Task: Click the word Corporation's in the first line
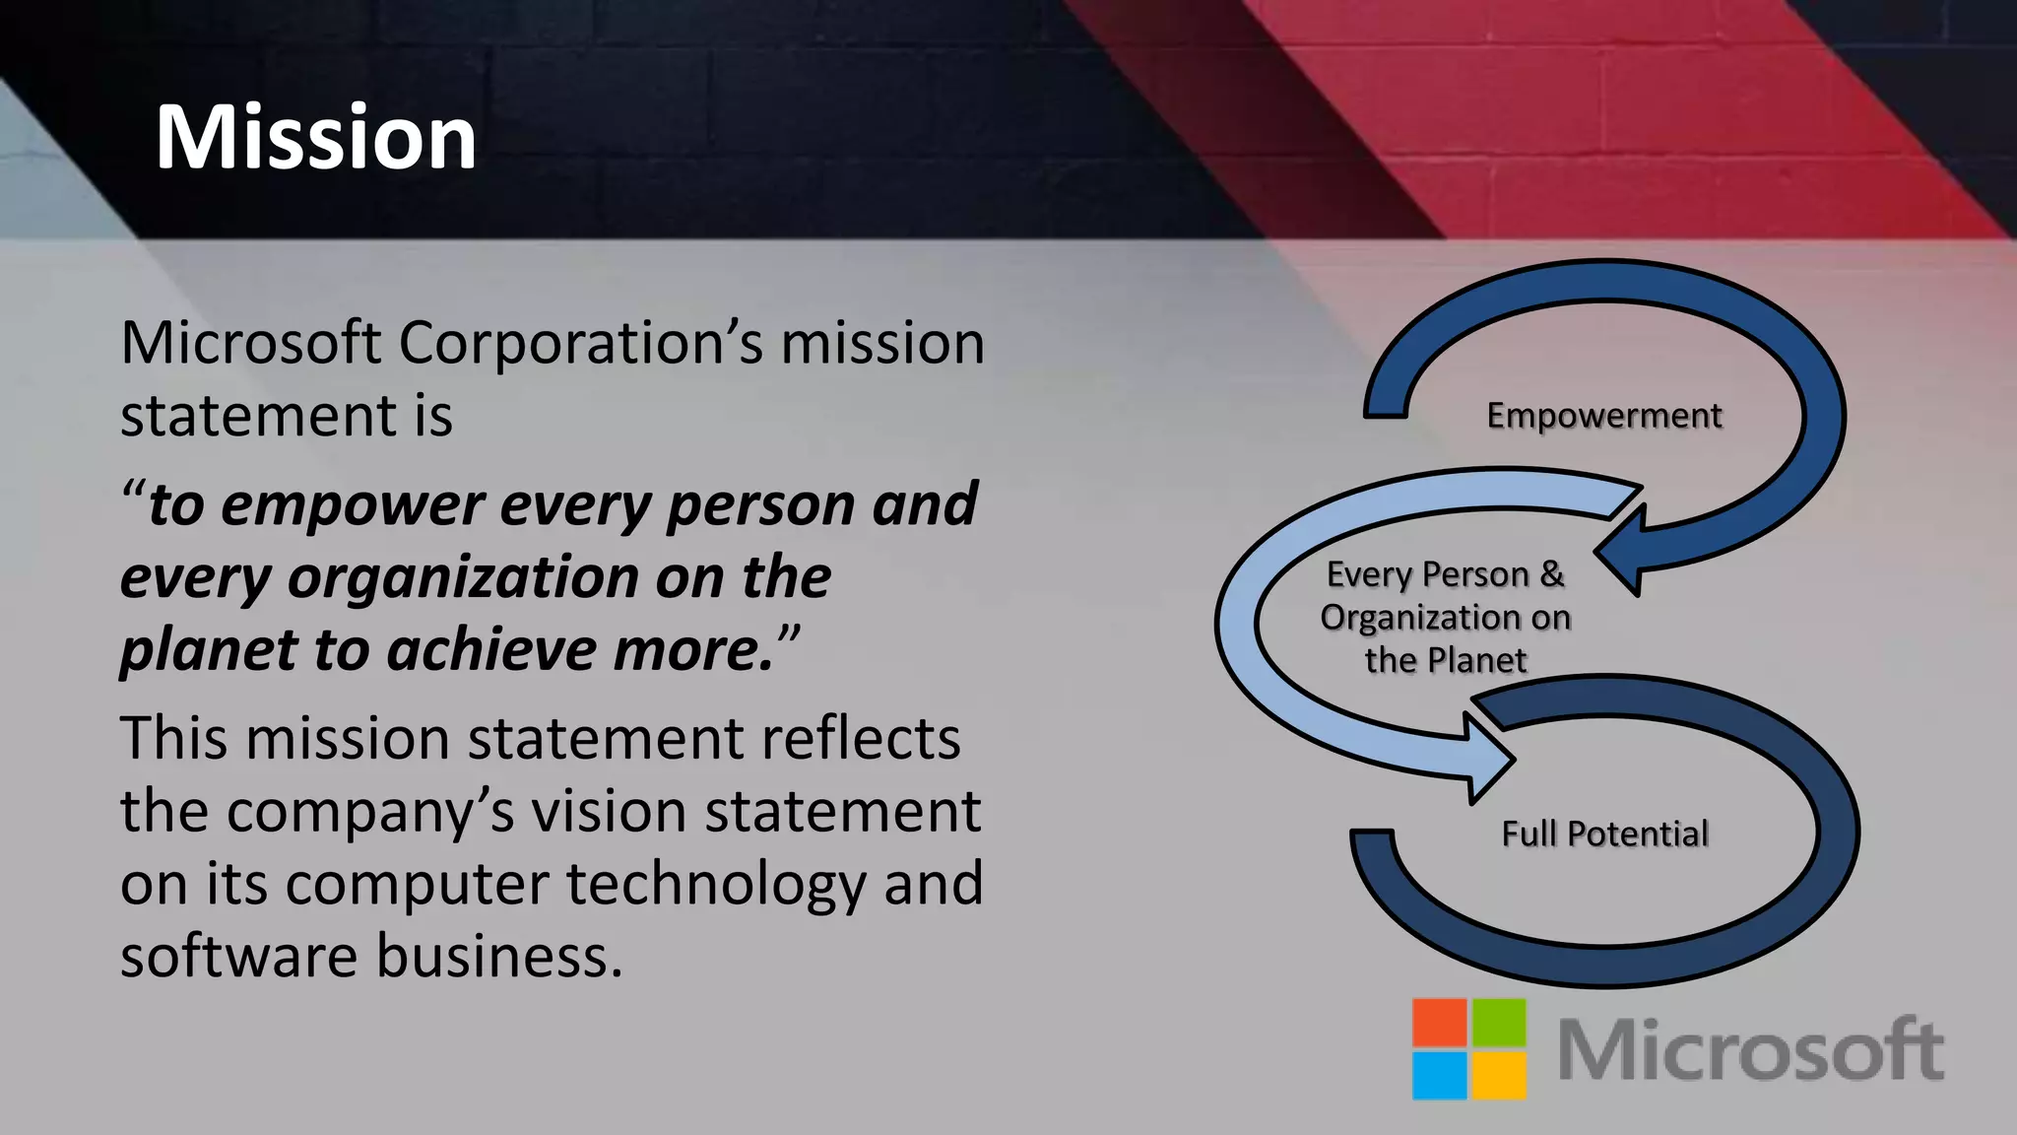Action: (x=580, y=344)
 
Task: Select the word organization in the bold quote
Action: (x=463, y=578)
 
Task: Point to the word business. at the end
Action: (x=499, y=956)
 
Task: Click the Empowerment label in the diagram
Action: (x=1604, y=416)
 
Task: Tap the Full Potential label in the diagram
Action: (x=1604, y=835)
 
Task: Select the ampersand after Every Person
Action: (x=1552, y=573)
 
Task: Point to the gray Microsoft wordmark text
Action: (x=1750, y=1050)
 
